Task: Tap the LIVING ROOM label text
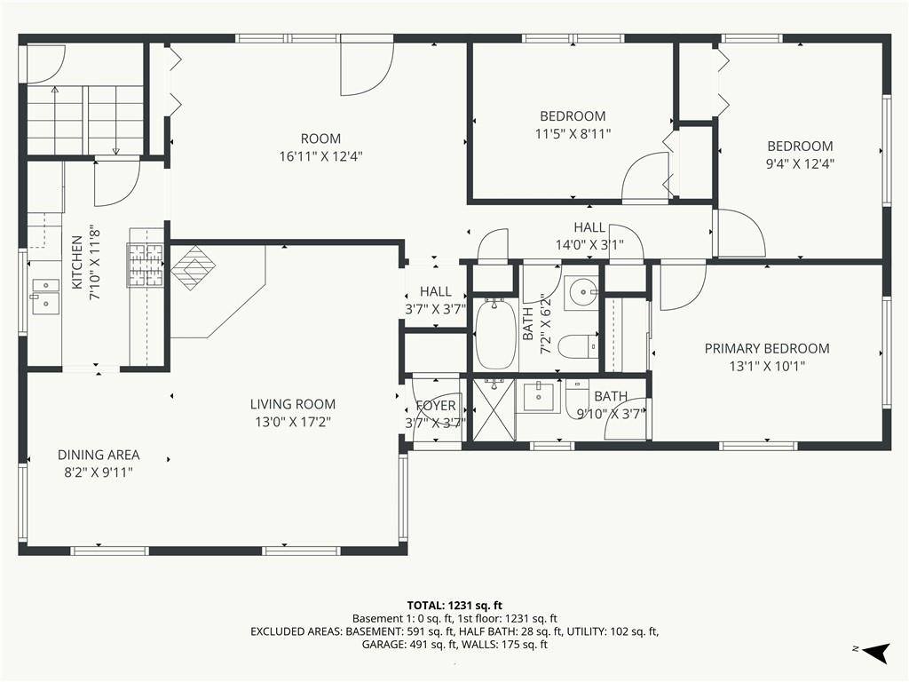pos(293,404)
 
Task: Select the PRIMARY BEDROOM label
pos(767,348)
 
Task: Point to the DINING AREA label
pos(99,455)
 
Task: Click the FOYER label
pos(436,405)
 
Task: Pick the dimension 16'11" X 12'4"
pos(321,156)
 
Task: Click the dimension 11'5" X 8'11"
pos(573,134)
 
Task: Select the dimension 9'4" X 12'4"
pos(800,164)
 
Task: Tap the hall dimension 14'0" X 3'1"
pos(589,245)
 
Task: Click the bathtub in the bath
pos(495,334)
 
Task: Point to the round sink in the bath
pos(581,291)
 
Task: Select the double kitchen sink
pos(45,297)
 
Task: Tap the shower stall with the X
pos(494,409)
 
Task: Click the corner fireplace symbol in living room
pos(193,268)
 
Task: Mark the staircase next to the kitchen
pos(85,120)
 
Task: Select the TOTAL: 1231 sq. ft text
pos(454,606)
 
